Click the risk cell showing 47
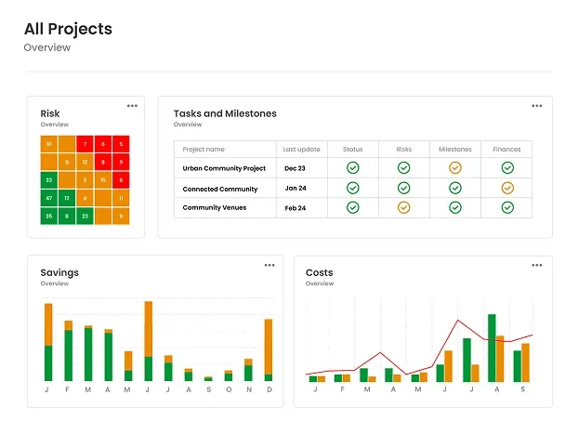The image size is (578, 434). tap(48, 198)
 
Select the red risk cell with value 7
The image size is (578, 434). tap(85, 144)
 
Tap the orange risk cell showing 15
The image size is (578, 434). tap(103, 180)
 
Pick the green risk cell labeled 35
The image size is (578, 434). tap(48, 216)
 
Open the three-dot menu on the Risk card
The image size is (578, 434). tap(133, 105)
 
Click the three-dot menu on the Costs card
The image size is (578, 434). tap(536, 265)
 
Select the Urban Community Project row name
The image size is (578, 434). tap(224, 168)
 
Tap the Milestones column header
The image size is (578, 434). tap(454, 149)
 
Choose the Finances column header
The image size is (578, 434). tap(506, 149)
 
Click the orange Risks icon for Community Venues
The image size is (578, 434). tap(403, 207)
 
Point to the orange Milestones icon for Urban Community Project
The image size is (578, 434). tap(454, 168)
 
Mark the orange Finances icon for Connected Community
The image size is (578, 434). tap(506, 188)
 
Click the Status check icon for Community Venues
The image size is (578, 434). tap(352, 207)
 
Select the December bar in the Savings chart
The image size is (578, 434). tap(269, 349)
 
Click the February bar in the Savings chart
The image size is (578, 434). tap(68, 351)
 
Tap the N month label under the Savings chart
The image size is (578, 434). tap(248, 389)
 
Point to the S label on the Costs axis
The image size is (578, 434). tap(523, 389)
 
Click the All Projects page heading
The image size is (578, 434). tap(68, 29)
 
